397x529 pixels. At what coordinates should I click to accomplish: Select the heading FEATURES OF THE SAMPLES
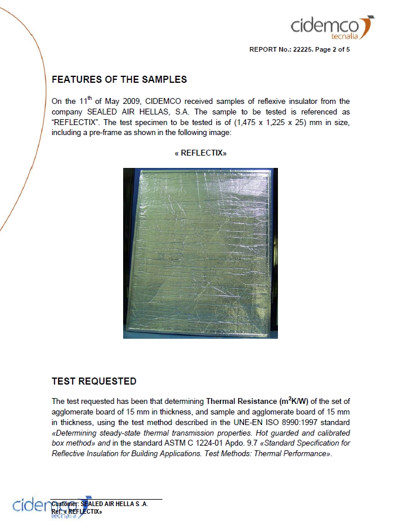pyautogui.click(x=119, y=79)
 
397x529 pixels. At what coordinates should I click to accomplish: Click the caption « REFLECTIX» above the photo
pyautogui.click(x=201, y=153)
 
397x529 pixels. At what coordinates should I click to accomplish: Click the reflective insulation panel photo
pyautogui.click(x=201, y=253)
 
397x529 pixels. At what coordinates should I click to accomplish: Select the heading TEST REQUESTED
pyautogui.click(x=94, y=381)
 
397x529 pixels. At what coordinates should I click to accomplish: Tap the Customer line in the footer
pyautogui.click(x=100, y=504)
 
